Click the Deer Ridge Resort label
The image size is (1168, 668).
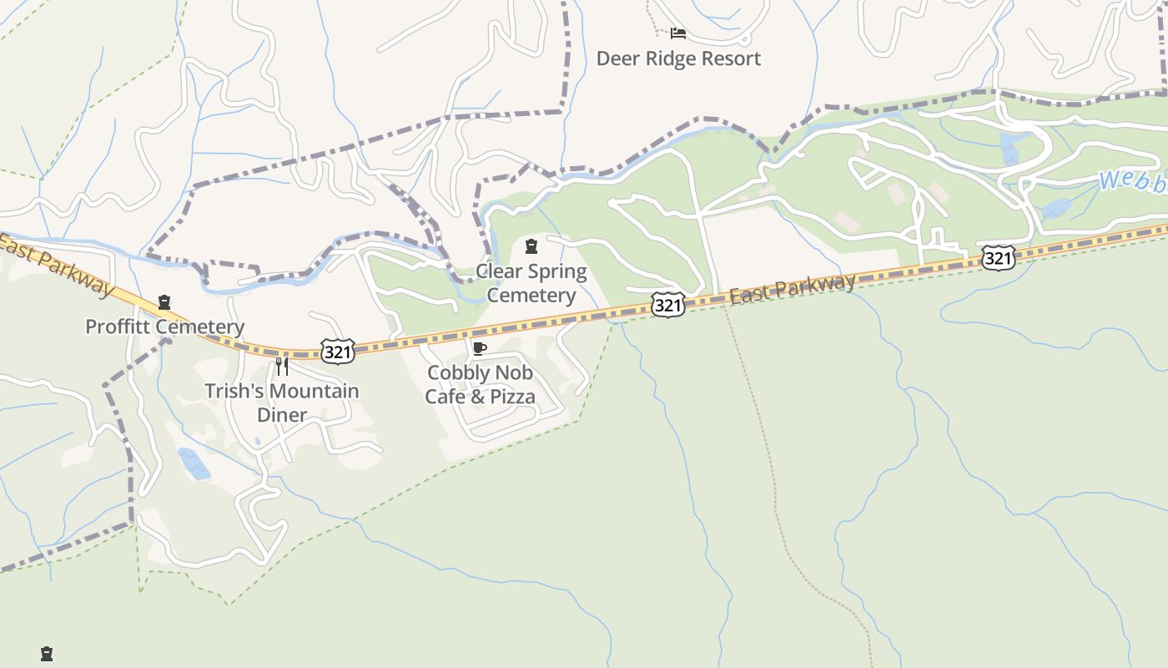pos(678,58)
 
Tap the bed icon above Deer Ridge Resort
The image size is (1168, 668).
pos(678,33)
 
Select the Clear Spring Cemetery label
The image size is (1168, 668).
pos(531,283)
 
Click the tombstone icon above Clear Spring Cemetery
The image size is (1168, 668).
pos(531,246)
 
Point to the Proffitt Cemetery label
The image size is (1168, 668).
pos(164,326)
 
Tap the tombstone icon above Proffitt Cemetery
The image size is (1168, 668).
pos(164,302)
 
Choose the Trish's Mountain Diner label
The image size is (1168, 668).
pos(282,402)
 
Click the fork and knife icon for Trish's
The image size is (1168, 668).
pos(282,367)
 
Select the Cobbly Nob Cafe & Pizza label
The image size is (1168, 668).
pos(480,384)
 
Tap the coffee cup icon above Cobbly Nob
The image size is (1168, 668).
pos(479,348)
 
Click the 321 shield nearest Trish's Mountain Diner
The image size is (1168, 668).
pos(337,352)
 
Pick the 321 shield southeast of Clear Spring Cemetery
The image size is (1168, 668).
pos(668,306)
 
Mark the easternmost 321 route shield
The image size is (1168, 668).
pos(998,258)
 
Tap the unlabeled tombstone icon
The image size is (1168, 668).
pos(47,654)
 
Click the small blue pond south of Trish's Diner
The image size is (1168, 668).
pos(194,464)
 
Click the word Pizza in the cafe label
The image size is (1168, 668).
pos(511,397)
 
